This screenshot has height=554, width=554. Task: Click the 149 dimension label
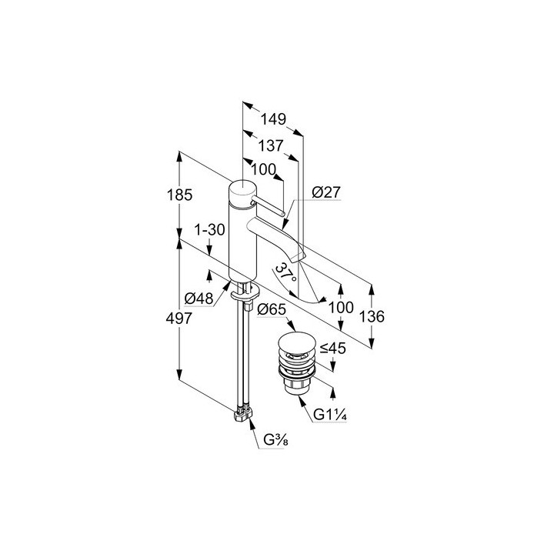(272, 119)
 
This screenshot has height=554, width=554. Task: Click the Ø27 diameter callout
(327, 193)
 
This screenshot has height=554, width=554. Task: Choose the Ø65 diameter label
(272, 309)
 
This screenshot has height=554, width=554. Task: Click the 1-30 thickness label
(209, 230)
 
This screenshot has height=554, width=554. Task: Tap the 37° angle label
(286, 273)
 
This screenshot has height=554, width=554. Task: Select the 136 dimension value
(372, 317)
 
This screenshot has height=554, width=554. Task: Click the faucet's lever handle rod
(270, 205)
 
